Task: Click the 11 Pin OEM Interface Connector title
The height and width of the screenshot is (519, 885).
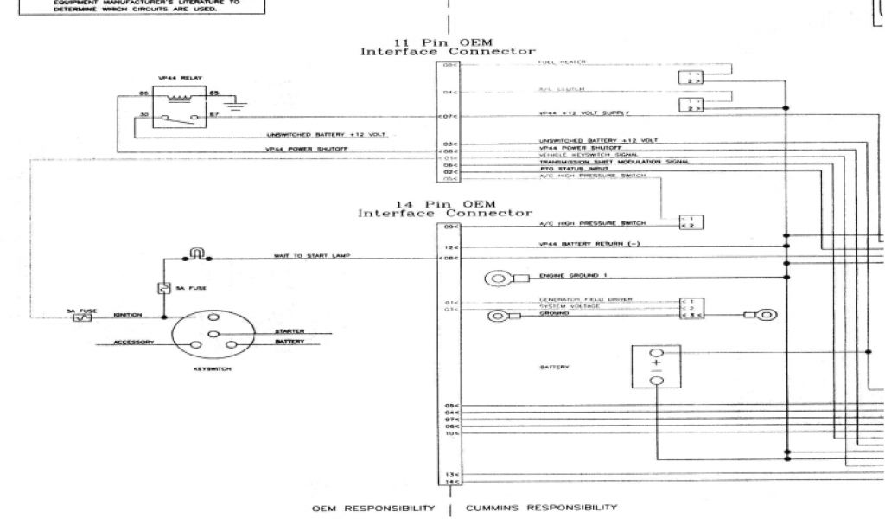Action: coord(447,47)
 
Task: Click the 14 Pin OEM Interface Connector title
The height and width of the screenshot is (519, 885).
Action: coord(447,208)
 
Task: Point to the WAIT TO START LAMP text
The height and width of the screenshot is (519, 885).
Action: coord(303,257)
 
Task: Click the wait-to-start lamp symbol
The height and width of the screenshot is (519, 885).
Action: coord(196,254)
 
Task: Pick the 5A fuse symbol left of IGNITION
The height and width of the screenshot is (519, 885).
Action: coord(82,317)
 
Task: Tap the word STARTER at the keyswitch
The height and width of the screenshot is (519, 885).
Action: coord(290,331)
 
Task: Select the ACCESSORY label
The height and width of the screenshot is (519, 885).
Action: coord(136,343)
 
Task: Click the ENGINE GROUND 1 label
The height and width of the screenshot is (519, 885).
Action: coord(569,275)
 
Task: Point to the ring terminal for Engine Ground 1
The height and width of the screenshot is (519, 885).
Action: coord(498,279)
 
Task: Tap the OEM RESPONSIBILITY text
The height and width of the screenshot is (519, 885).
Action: coord(375,508)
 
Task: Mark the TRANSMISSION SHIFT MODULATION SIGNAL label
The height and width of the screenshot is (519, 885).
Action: coord(603,163)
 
